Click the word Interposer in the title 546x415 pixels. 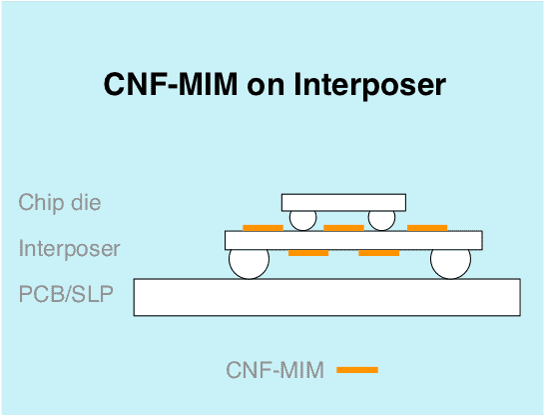tap(369, 84)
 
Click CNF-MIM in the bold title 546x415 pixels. tap(171, 84)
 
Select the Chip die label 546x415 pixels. tap(60, 202)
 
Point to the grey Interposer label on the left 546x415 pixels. tap(69, 248)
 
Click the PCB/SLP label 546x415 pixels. tap(66, 294)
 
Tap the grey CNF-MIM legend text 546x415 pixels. tap(275, 370)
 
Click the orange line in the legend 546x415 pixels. tap(357, 370)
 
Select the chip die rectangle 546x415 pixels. tap(343, 203)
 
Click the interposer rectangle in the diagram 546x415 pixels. tap(353, 240)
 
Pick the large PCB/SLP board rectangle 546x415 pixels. tap(327, 297)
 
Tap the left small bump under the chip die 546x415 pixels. tap(303, 220)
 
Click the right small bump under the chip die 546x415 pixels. tap(381, 220)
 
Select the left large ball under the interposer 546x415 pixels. tap(249, 264)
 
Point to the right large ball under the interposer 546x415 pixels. tap(450, 264)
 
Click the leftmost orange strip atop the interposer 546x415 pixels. tap(263, 228)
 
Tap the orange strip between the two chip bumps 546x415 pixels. tap(343, 228)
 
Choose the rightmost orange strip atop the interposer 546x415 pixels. tap(427, 228)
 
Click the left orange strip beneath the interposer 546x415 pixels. tap(308, 253)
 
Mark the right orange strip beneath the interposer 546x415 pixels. tap(379, 253)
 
